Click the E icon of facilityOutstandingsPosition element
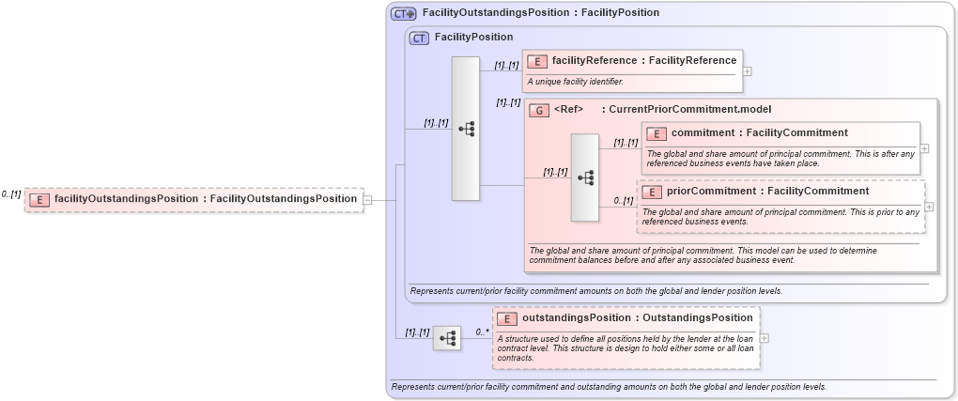(x=39, y=199)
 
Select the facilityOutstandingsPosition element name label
(x=206, y=199)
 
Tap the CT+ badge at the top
(x=404, y=13)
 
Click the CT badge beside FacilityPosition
(x=419, y=38)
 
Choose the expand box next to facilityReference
(x=747, y=70)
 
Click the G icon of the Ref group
(x=538, y=110)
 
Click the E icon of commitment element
(x=657, y=133)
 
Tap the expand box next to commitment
(x=925, y=148)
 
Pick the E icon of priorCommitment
(x=653, y=192)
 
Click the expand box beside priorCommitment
(x=929, y=207)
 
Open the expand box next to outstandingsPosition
(x=765, y=338)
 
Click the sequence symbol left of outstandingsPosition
(x=447, y=338)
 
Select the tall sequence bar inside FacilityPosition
(x=466, y=129)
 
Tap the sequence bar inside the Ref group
(x=585, y=177)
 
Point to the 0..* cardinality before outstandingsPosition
(x=482, y=332)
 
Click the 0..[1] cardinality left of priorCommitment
(x=624, y=200)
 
